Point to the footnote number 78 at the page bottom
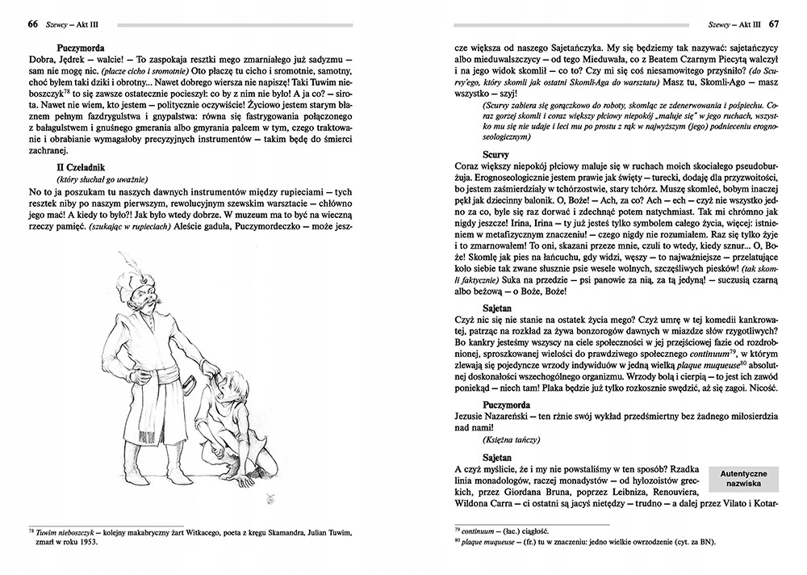click(31, 531)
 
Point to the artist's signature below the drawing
click(269, 502)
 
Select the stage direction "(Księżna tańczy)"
click(508, 440)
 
